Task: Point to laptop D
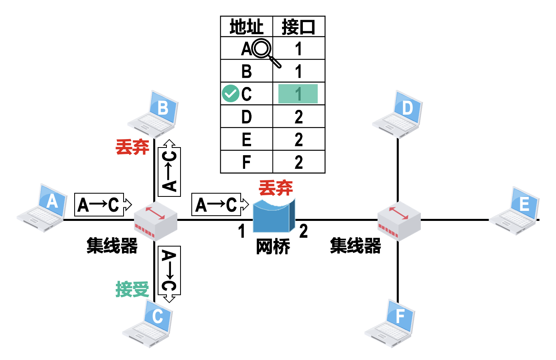[398, 115]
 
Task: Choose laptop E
[515, 211]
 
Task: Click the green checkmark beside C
[230, 93]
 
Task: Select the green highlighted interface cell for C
[298, 94]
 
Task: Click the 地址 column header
[246, 27]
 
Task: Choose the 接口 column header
[298, 27]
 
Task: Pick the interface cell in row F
[298, 162]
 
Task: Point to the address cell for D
[246, 117]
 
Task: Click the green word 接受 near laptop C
[132, 289]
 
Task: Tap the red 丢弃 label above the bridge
[276, 188]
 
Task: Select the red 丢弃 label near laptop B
[132, 147]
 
